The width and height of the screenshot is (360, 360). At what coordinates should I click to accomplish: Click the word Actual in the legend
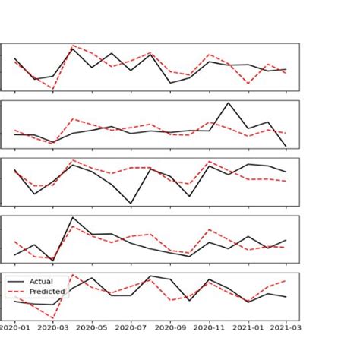point(41,282)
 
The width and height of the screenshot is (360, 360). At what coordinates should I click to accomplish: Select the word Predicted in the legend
point(46,291)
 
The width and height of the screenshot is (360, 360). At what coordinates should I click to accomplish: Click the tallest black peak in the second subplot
point(229,103)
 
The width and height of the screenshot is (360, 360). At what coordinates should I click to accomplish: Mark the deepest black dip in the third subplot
point(131,204)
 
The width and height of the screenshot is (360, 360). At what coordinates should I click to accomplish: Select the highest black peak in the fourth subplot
point(73,218)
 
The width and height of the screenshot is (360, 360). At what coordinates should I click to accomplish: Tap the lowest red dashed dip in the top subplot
point(53,89)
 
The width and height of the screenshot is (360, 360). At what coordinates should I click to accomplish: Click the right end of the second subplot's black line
point(286,147)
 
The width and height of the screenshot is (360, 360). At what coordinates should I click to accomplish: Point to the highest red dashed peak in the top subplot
point(73,46)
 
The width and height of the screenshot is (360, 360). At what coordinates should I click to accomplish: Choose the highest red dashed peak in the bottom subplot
point(73,275)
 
